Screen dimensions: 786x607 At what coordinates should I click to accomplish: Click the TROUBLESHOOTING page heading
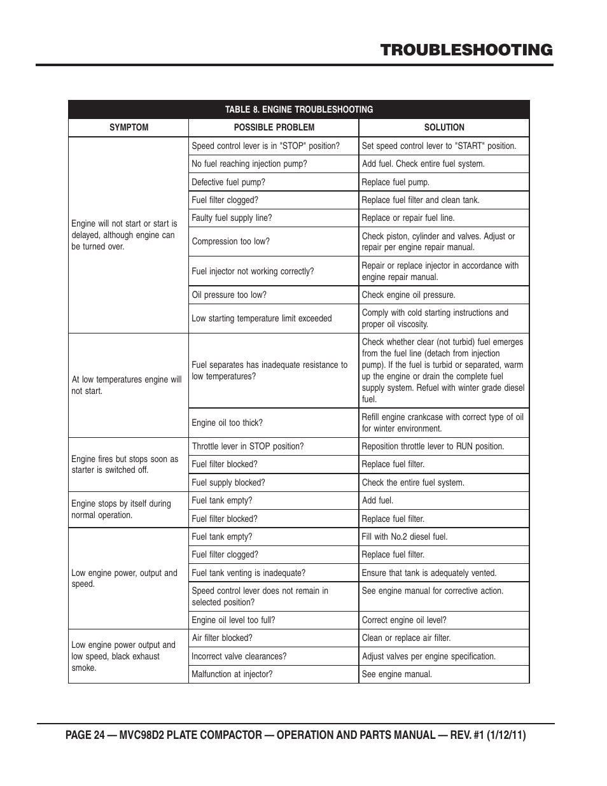coord(466,50)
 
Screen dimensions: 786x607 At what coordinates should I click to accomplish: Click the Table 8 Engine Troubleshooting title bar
coord(298,109)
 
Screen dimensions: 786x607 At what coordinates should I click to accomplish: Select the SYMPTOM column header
coord(129,127)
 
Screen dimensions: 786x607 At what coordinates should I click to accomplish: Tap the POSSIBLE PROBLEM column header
coord(274,127)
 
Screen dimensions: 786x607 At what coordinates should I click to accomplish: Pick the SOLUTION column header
coord(444,127)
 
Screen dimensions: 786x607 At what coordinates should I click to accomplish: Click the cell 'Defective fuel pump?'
coord(228,182)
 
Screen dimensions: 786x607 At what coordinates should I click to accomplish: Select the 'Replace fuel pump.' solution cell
coord(395,182)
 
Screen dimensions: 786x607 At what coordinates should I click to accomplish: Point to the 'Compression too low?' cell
coord(230,241)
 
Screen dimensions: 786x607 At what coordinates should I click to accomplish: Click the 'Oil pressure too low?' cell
coord(229,295)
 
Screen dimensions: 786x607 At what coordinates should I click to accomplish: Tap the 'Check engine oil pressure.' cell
coord(408,295)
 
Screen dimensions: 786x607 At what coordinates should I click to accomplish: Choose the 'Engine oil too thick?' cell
coord(227,423)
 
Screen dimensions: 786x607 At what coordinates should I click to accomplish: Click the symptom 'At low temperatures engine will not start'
coord(127,385)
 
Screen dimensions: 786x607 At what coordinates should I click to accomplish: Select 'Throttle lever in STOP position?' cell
coord(248,446)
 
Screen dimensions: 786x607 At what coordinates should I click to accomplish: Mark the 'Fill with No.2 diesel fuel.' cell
coord(404,537)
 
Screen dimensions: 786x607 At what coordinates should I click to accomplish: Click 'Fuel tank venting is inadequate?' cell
coord(248,573)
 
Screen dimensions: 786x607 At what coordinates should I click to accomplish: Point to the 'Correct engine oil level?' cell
coord(403,620)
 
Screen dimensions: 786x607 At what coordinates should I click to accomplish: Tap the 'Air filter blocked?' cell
coord(221,638)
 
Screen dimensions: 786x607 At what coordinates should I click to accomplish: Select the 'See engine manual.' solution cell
coord(396,674)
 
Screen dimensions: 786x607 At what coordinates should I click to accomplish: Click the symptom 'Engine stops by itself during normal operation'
coord(121,509)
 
